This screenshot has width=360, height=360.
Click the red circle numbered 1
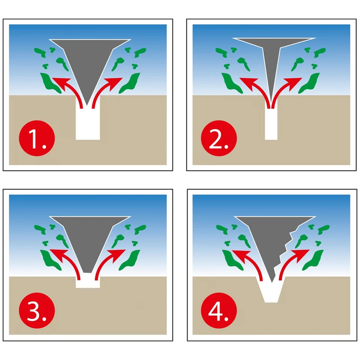pyautogui.click(x=37, y=138)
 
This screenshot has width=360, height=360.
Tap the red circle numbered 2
pyautogui.click(x=219, y=138)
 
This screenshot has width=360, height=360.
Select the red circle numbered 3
pyautogui.click(x=37, y=310)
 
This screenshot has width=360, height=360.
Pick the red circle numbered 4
pyautogui.click(x=219, y=310)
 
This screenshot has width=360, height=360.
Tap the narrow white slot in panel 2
pyautogui.click(x=271, y=124)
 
